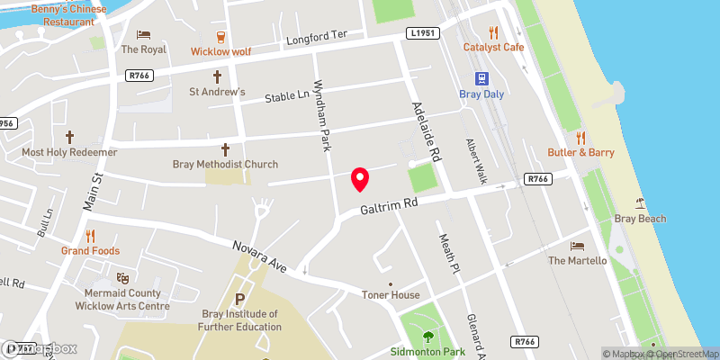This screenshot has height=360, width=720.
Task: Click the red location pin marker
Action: click(x=360, y=179)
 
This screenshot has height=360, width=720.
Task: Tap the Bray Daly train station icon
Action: click(x=482, y=78)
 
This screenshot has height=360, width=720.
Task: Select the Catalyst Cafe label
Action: click(x=493, y=47)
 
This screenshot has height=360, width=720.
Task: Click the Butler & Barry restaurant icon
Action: click(x=580, y=138)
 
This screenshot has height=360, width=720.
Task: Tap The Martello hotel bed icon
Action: click(x=577, y=246)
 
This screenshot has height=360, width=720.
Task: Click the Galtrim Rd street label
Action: click(x=390, y=207)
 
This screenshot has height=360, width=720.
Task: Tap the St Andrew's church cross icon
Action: click(x=217, y=77)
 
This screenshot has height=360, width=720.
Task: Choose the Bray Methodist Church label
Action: click(x=225, y=164)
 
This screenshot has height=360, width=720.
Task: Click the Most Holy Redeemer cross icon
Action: click(x=69, y=138)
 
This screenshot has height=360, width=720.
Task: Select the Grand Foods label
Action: click(x=90, y=250)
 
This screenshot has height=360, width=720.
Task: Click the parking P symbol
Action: click(x=239, y=299)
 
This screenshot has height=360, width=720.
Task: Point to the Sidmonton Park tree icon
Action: click(x=427, y=337)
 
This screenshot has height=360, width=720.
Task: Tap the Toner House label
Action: click(x=391, y=295)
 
